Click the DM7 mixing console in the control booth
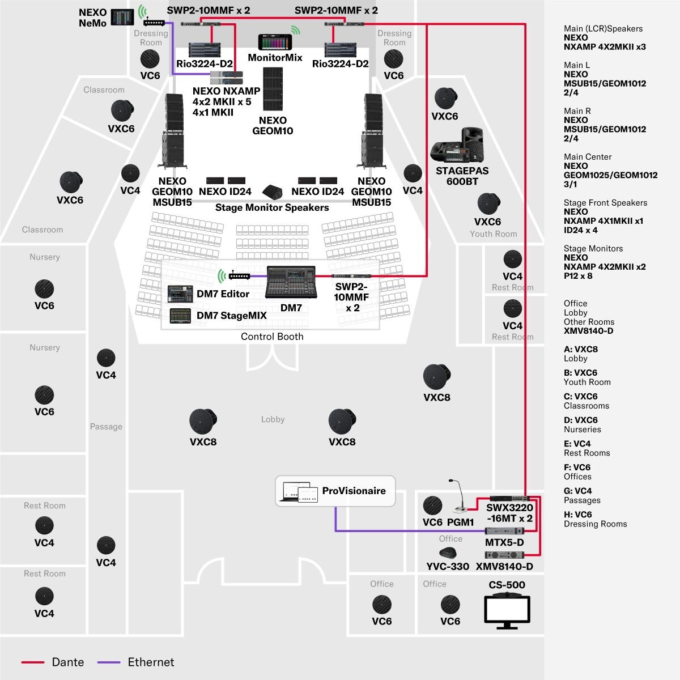point(291,281)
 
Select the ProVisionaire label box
point(335,491)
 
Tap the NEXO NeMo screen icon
point(125,17)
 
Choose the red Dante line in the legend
point(33,662)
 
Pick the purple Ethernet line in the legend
point(109,662)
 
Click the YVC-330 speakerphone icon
point(447,553)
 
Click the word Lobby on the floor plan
point(273,419)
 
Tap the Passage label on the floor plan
point(106,427)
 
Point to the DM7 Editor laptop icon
point(181,294)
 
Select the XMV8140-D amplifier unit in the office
point(504,555)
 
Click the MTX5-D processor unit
point(504,531)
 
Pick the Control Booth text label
point(272,337)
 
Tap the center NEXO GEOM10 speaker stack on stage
point(273,89)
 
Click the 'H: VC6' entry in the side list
point(577,515)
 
